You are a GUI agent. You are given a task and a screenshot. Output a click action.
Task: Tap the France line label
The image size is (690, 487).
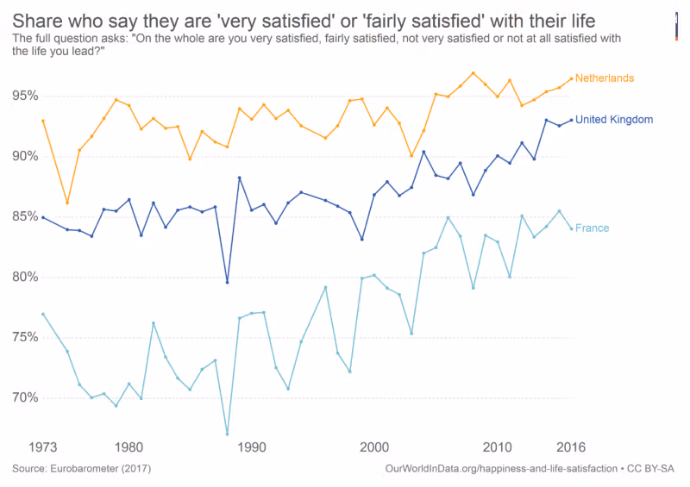click(x=592, y=228)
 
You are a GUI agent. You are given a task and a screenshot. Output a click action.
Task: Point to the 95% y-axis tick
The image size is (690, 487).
click(x=25, y=96)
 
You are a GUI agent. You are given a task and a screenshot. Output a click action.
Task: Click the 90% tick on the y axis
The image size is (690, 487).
click(x=25, y=156)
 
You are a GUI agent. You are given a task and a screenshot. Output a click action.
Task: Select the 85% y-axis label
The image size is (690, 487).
click(x=25, y=216)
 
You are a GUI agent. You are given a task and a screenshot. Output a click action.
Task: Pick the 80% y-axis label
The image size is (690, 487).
click(x=25, y=277)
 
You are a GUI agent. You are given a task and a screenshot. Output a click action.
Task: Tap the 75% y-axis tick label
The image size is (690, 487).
click(x=25, y=337)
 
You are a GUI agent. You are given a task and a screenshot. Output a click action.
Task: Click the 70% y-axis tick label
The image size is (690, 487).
click(x=25, y=397)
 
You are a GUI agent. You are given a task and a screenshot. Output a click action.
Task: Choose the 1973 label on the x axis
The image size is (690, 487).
click(x=44, y=447)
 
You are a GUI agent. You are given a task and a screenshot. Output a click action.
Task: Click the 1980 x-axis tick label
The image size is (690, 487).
click(x=129, y=447)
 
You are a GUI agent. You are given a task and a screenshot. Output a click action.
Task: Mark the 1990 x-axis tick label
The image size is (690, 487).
click(x=251, y=447)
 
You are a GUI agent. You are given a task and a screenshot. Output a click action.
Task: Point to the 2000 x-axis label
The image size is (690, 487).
click(x=373, y=447)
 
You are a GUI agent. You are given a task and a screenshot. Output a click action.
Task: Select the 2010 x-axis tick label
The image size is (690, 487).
click(x=497, y=447)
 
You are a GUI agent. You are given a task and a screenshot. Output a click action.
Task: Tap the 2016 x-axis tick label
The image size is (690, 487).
click(x=570, y=447)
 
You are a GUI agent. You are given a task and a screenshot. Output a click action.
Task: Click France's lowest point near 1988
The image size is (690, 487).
click(x=227, y=434)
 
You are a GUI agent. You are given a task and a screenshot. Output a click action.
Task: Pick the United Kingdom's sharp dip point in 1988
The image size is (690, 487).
click(x=227, y=282)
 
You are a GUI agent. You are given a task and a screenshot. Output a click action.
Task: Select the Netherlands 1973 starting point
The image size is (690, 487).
click(x=42, y=121)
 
